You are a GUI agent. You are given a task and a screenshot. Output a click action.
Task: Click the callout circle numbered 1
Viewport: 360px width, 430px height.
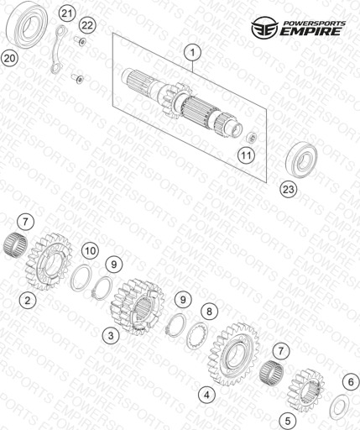(x=192, y=52)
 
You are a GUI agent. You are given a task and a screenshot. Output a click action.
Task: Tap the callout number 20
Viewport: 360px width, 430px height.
(x=9, y=59)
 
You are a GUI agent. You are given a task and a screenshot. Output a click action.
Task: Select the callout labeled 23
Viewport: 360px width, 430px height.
(x=289, y=189)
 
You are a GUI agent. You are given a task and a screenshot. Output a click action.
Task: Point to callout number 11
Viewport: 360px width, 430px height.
(x=247, y=155)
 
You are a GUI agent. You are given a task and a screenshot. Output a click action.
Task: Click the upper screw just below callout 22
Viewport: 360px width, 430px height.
(x=80, y=41)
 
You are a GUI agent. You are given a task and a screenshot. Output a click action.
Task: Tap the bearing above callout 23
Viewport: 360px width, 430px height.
(x=301, y=160)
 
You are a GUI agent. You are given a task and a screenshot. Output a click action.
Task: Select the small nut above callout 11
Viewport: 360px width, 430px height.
(x=251, y=138)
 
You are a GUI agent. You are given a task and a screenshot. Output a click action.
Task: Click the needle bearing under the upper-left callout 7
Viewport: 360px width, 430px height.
(x=15, y=245)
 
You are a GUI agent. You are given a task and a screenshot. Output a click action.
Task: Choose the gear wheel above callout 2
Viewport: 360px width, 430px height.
(x=49, y=262)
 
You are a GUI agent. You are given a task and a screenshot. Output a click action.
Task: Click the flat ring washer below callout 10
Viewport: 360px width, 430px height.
(x=80, y=278)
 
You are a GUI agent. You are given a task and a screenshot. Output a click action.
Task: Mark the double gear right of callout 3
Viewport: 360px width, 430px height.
(x=137, y=307)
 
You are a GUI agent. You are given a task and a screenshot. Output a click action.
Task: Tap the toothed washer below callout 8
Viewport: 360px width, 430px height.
(x=197, y=335)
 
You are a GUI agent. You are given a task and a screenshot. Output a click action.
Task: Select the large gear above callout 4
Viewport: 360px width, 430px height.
(x=232, y=354)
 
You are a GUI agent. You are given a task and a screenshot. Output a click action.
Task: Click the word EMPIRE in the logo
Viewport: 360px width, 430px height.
(x=311, y=31)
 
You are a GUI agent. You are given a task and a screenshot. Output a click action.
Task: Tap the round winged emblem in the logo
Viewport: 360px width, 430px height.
(x=264, y=27)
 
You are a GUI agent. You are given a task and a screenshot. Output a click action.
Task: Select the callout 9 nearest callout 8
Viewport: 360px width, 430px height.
(x=183, y=300)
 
